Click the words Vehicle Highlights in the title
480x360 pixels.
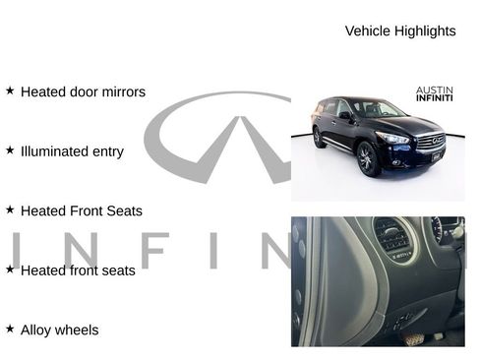[400, 30]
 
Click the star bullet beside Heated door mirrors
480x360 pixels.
[10, 90]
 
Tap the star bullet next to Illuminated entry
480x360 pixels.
[10, 150]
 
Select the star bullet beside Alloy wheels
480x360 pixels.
[10, 329]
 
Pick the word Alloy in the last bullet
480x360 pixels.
[37, 330]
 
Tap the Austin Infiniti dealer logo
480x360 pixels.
[434, 93]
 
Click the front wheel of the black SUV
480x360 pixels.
[368, 159]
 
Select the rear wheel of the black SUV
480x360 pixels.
[320, 138]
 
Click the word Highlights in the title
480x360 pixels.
[424, 30]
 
